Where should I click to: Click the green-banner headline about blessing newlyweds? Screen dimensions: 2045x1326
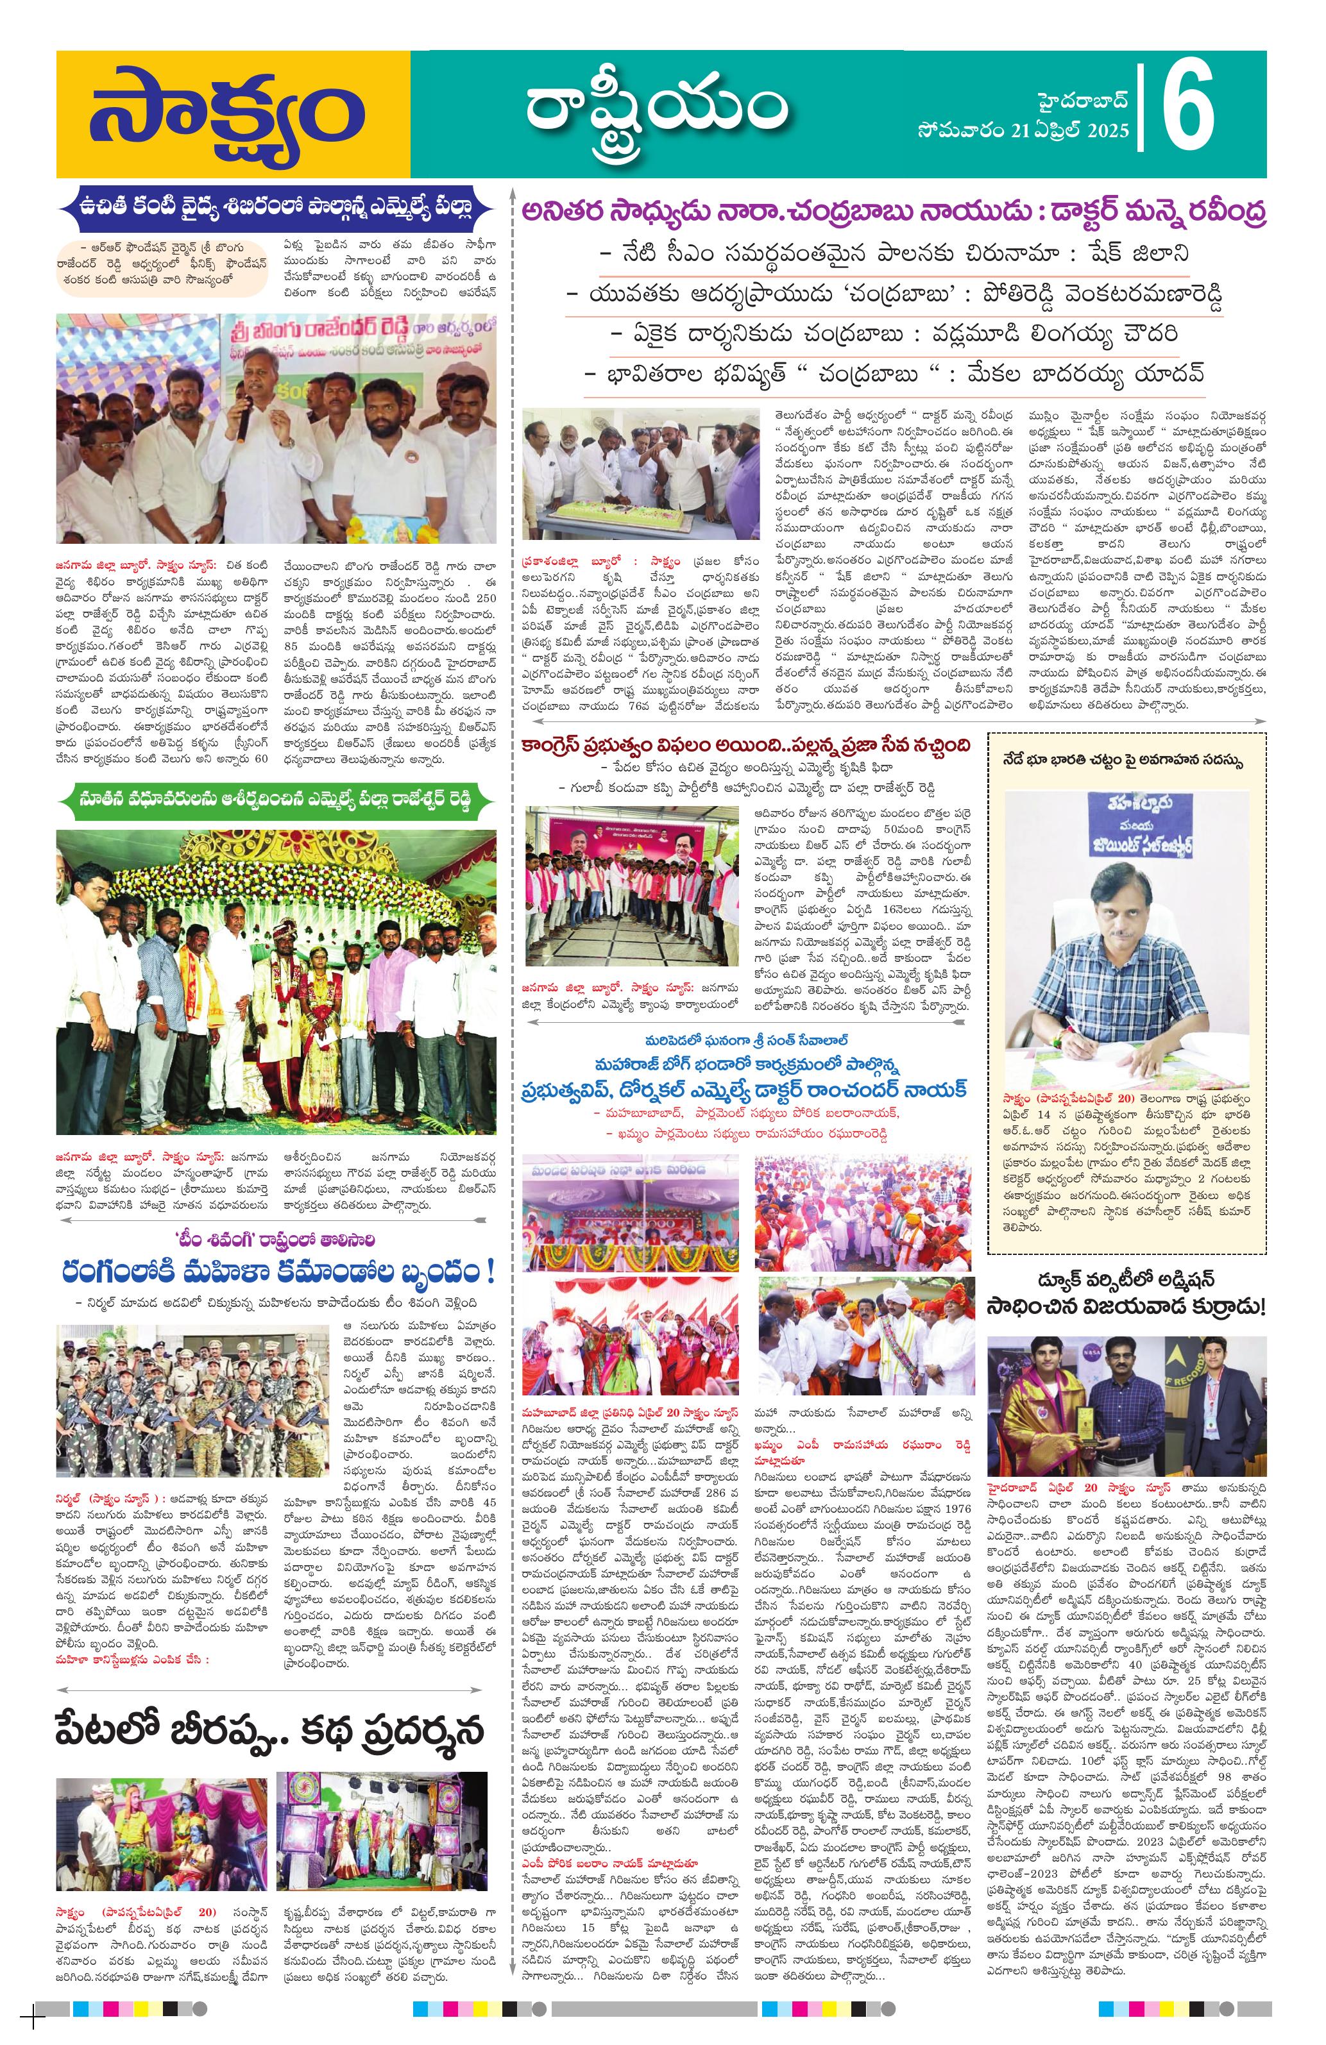[x=276, y=799]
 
